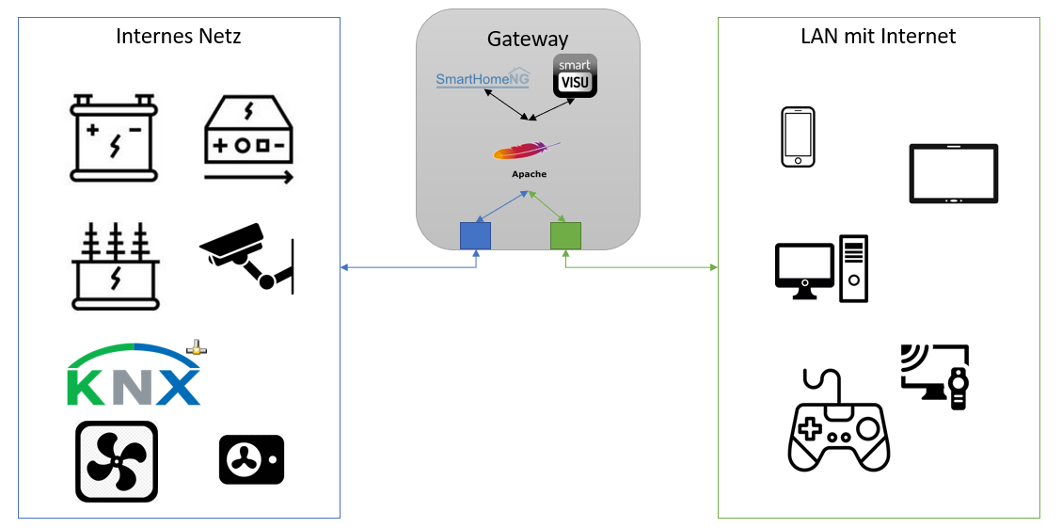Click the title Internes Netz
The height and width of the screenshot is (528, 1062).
pos(179,37)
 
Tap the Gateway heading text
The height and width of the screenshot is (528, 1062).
pos(528,39)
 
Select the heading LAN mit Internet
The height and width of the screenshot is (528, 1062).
pos(879,37)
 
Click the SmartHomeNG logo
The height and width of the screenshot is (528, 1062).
pos(483,80)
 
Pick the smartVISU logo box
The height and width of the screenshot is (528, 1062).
pos(575,76)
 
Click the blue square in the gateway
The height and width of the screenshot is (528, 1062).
pos(475,235)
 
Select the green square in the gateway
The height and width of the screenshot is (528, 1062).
pos(565,235)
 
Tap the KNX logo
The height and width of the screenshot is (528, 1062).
pos(135,376)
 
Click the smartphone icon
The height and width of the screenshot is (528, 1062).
pos(798,137)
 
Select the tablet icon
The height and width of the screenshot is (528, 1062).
pos(953,173)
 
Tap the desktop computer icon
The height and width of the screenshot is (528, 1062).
pos(821,269)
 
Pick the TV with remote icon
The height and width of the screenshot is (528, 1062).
pos(934,376)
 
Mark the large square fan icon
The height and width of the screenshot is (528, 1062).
pos(117,461)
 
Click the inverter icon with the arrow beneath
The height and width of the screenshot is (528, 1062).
pos(249,139)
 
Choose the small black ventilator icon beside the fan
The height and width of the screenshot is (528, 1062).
pos(251,459)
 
